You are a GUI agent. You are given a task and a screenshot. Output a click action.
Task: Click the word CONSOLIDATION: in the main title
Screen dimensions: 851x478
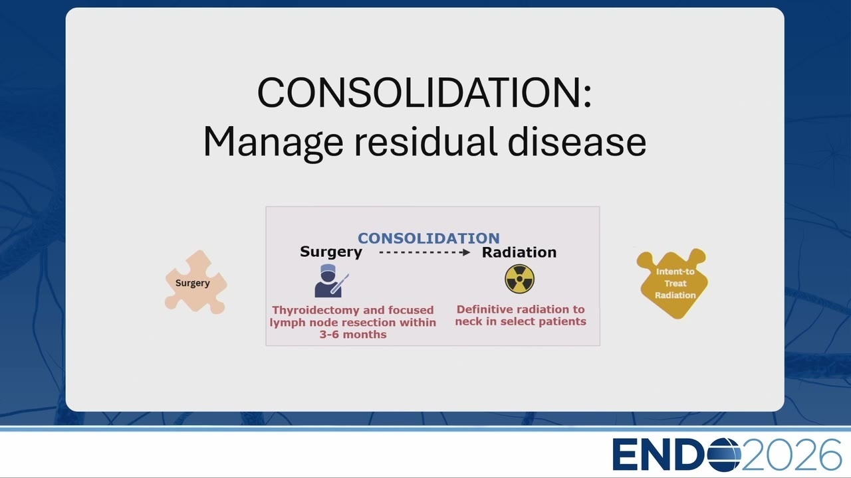(424, 92)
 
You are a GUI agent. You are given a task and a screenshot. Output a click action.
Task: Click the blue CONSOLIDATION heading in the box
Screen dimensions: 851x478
(429, 238)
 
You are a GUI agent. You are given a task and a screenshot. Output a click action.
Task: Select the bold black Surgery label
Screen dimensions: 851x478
(331, 252)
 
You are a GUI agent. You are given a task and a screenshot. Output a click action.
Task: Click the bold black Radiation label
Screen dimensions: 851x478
(519, 252)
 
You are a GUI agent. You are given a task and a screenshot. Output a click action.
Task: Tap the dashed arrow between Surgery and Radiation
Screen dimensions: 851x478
(425, 252)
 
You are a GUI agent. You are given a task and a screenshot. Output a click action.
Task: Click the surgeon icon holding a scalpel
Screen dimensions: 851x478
(331, 281)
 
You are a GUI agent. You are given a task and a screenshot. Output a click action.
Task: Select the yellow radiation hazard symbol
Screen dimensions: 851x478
(519, 279)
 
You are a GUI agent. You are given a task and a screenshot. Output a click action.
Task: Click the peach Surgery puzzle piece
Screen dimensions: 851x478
(195, 282)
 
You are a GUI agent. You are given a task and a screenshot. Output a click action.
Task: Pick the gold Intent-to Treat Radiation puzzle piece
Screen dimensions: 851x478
(673, 283)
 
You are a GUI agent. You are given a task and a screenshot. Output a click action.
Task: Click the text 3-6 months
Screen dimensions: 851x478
(353, 334)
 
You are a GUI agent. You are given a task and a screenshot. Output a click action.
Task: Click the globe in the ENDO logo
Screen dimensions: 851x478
(724, 455)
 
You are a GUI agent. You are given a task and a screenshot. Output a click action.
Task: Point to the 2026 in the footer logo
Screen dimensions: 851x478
(791, 455)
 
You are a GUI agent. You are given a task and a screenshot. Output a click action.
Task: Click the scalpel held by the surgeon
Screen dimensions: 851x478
(340, 283)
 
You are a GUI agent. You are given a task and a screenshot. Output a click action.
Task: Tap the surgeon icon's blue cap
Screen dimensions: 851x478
(328, 269)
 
